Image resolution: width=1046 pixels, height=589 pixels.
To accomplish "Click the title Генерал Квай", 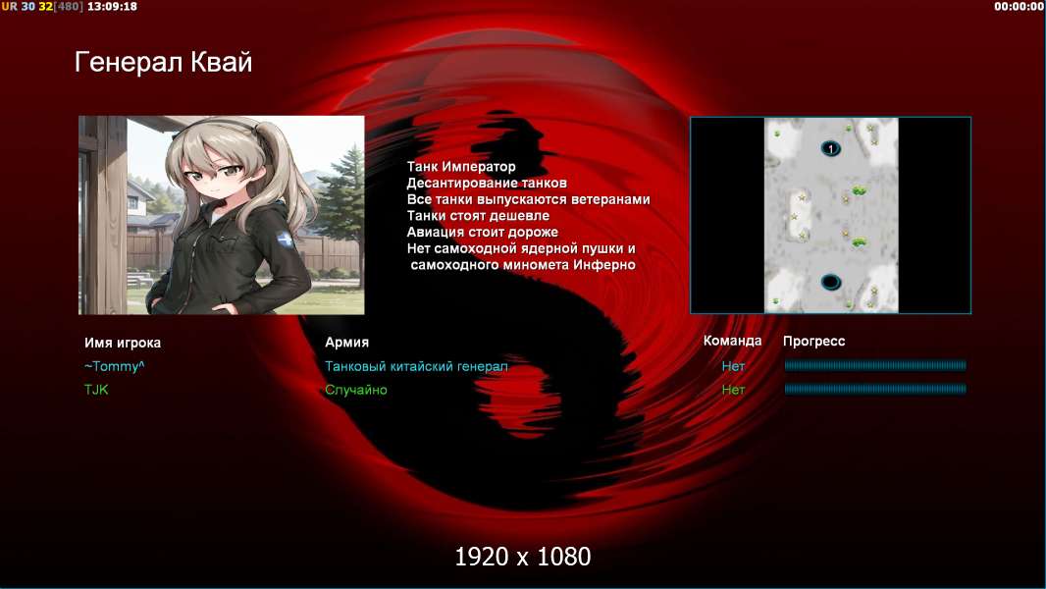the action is coord(164,62).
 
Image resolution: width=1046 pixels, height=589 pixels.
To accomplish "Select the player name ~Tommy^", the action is coord(114,366).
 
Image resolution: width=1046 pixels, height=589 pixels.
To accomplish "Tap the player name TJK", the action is coord(96,390).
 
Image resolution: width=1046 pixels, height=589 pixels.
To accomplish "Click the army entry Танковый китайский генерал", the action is coord(416,366).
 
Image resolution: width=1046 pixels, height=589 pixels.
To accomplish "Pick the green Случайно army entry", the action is coord(355,390).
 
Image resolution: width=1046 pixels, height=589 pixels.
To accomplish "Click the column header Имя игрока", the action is coord(122,343).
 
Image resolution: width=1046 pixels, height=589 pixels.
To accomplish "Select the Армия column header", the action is coord(347,343).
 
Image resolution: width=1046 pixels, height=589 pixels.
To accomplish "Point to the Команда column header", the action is coord(732,341).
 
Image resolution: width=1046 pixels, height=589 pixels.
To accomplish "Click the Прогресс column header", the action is coord(813,341).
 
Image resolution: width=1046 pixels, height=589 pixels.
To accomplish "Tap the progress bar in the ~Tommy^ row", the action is coord(875,365).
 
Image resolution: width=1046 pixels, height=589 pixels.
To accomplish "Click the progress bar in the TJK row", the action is coord(875,389).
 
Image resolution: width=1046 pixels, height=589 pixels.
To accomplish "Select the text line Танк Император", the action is coord(461,167).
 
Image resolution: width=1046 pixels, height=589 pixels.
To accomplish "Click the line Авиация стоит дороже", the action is coord(483,232).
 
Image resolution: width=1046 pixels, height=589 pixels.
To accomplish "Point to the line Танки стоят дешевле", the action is coord(478,215).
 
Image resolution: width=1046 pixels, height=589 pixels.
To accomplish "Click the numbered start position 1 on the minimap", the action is coord(830,149).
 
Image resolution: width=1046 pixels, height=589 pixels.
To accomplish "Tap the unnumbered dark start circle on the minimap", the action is coord(830,282).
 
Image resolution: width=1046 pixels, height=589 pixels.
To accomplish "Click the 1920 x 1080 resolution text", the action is coord(523,557).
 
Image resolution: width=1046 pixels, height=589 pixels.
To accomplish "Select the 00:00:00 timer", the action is coord(1018,6).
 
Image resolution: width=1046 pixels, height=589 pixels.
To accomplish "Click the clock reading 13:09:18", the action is coord(112,6).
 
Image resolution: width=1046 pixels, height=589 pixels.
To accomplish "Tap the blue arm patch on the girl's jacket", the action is coord(287,240).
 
